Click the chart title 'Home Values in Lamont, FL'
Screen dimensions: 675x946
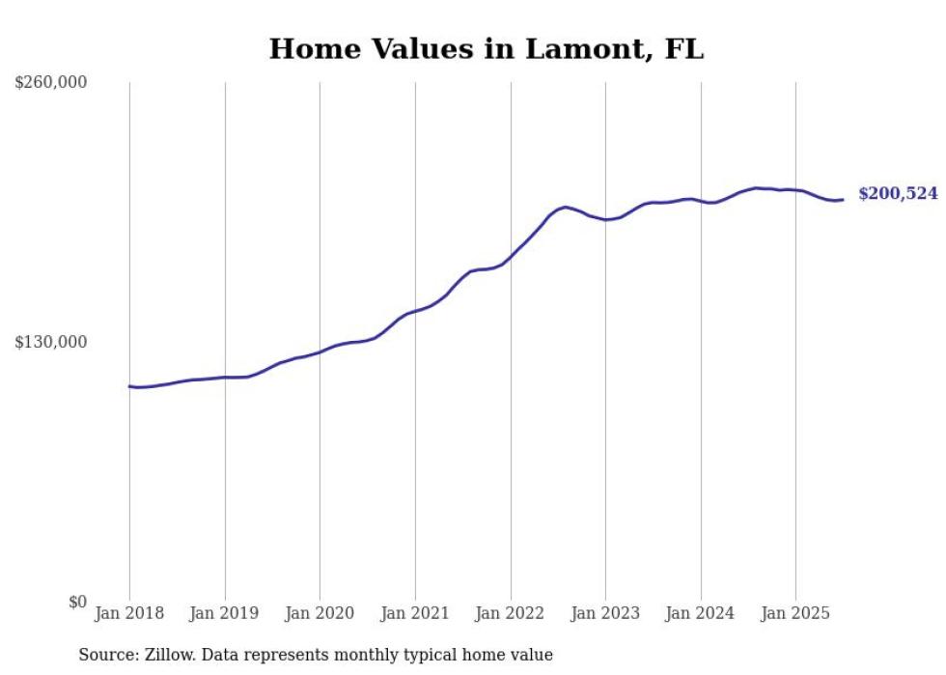tap(486, 49)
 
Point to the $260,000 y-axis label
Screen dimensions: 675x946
tap(51, 83)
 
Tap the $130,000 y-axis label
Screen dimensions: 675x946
tap(51, 342)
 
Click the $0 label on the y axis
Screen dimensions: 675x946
tap(77, 602)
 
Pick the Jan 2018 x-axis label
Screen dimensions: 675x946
tap(129, 613)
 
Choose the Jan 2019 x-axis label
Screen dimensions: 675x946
tap(225, 613)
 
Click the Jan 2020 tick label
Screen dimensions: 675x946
tap(320, 613)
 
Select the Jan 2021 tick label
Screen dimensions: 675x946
tap(415, 613)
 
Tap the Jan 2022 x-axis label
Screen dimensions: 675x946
tap(510, 613)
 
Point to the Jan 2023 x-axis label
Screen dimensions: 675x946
tap(605, 613)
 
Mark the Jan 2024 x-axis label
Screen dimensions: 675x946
tap(701, 613)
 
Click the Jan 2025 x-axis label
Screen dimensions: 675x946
tap(795, 613)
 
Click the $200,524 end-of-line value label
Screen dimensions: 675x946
tap(898, 194)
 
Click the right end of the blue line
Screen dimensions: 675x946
tap(843, 200)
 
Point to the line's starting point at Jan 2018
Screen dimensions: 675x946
tap(129, 386)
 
